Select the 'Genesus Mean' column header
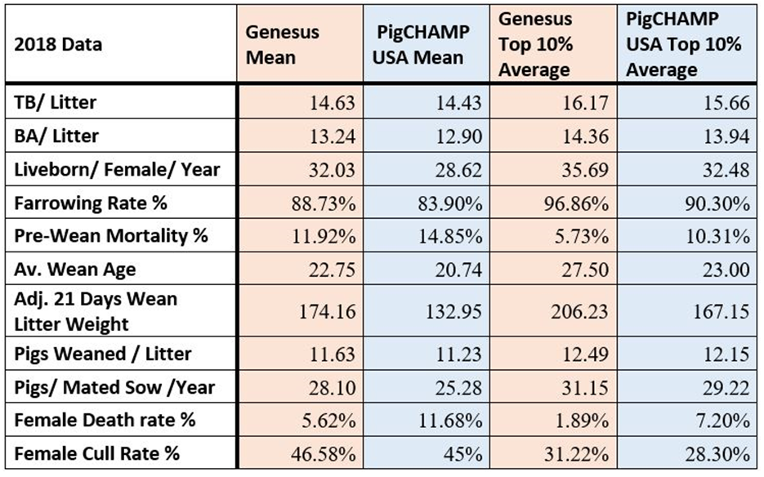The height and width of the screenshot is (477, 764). click(x=284, y=44)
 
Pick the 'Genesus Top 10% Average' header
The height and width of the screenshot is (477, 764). click(x=534, y=44)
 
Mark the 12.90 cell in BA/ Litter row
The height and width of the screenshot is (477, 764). click(x=458, y=136)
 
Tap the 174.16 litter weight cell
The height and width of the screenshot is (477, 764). click(x=327, y=311)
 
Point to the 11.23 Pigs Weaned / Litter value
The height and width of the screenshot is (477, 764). click(x=458, y=355)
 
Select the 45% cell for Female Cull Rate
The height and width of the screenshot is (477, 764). click(x=465, y=453)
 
